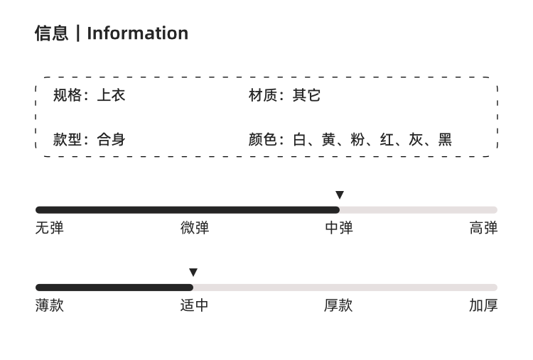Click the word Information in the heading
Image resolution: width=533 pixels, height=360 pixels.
point(138,33)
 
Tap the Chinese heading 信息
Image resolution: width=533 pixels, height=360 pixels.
point(52,33)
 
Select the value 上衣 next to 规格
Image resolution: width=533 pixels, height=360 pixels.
point(111,95)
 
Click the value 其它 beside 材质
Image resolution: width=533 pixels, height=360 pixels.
point(306,95)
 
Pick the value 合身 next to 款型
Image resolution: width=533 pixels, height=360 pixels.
point(111,140)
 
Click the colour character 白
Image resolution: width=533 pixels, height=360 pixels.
point(299,140)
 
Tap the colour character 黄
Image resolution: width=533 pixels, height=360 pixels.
point(329,140)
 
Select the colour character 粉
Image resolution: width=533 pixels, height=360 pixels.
point(357,140)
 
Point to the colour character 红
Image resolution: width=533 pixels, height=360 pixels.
point(387,140)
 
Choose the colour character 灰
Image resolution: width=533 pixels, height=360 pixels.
point(416,140)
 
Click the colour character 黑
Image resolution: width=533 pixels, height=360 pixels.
point(445,140)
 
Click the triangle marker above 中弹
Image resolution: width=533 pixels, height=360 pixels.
point(340,195)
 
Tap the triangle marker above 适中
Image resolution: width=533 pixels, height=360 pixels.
point(193,272)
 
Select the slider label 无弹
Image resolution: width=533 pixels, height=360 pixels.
point(50,227)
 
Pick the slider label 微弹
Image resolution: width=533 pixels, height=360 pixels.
point(195,227)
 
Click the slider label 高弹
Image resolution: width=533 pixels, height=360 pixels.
point(483,227)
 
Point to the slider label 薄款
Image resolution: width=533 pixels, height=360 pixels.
point(50,305)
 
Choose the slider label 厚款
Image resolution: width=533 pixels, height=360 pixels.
point(338,305)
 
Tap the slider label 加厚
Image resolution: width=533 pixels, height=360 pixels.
point(483,305)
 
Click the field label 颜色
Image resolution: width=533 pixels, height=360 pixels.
point(262,140)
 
